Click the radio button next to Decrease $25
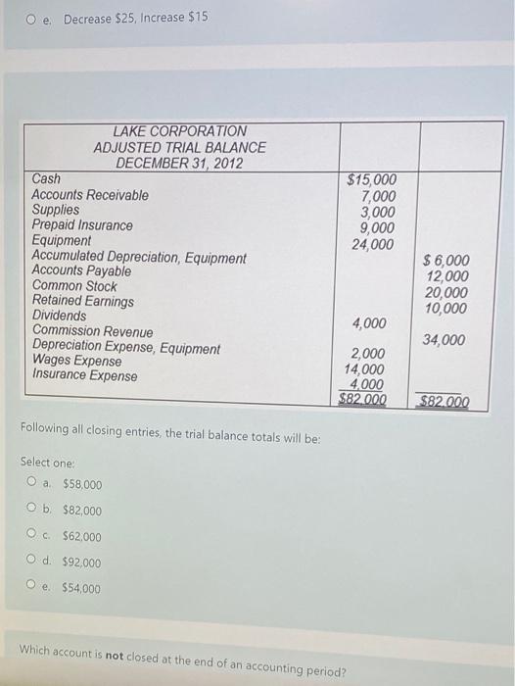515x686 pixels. (x=32, y=19)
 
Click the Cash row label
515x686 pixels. (x=46, y=179)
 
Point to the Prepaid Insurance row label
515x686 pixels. (x=82, y=225)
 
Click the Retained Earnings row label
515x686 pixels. (x=83, y=302)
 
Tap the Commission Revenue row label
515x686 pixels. (x=92, y=332)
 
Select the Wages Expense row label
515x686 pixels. (x=77, y=362)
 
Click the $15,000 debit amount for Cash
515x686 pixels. (x=372, y=180)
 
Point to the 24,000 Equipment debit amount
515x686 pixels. (x=376, y=244)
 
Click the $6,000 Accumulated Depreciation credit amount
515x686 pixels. (x=445, y=261)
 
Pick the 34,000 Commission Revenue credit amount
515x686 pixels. (x=445, y=340)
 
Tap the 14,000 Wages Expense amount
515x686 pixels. (x=364, y=369)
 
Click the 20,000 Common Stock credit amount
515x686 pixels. (x=447, y=293)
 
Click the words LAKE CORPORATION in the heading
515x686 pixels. (x=180, y=131)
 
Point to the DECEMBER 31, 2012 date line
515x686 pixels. (x=181, y=163)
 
